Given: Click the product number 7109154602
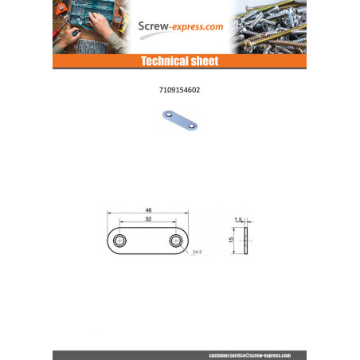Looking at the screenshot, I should pyautogui.click(x=179, y=90).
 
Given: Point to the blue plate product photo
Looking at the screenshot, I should pyautogui.click(x=179, y=121).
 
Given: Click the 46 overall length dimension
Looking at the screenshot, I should pyautogui.click(x=148, y=209).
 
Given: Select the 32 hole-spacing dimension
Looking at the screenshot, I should pyautogui.click(x=148, y=218).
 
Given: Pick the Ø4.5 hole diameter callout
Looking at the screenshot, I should pyautogui.click(x=197, y=252).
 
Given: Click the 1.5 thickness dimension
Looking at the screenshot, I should pyautogui.click(x=239, y=218).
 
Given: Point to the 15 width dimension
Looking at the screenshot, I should pyautogui.click(x=232, y=240).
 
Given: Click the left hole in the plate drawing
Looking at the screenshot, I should pyautogui.click(x=119, y=240).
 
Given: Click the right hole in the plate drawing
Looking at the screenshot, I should pyautogui.click(x=176, y=240).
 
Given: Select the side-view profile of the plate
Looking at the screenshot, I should pyautogui.click(x=247, y=240).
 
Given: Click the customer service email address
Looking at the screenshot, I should pyautogui.click(x=249, y=354).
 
